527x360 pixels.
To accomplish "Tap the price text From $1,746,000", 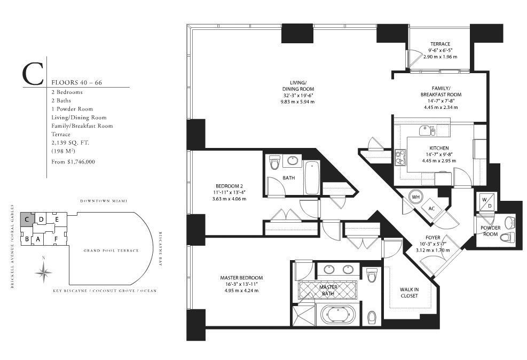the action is click(73, 162).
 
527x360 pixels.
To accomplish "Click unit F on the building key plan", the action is click(56, 239).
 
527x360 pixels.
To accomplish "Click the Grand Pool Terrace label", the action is click(111, 251).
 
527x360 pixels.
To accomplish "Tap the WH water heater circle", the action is click(415, 197).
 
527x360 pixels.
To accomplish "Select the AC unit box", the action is click(431, 208).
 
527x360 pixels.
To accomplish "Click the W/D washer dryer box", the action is click(486, 202).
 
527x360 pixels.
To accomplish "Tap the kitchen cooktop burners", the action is click(400, 158).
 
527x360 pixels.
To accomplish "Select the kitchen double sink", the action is click(427, 130).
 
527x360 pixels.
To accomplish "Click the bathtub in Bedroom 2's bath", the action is click(312, 177).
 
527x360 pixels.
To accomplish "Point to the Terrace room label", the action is click(441, 44).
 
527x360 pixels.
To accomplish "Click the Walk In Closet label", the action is click(409, 293).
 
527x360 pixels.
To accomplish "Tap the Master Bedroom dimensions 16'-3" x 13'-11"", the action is click(242, 284).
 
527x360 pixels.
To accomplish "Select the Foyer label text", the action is click(433, 237).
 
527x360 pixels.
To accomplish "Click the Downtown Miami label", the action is click(104, 201).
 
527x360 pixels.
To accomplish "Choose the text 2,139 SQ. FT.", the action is click(70, 143).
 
